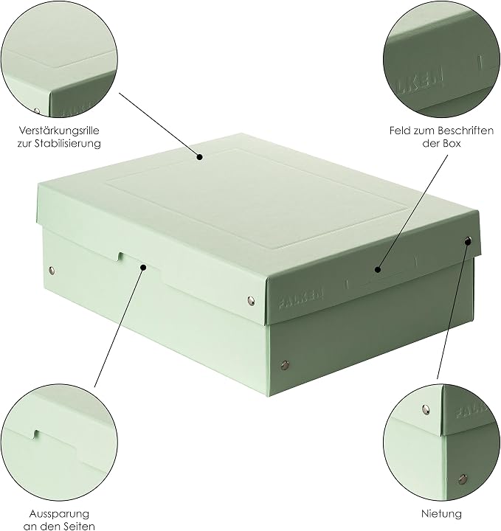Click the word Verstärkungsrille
click(59, 131)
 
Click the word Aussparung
click(59, 514)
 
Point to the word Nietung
click(441, 514)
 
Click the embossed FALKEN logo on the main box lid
click(301, 299)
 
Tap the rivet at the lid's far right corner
click(468, 241)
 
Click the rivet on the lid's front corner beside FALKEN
click(251, 301)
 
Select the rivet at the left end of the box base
click(52, 270)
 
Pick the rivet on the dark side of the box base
click(285, 365)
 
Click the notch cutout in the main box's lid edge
click(120, 257)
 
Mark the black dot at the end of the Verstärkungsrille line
click(200, 157)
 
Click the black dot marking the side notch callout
click(143, 268)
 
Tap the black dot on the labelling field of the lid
click(378, 270)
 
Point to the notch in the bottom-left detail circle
click(36, 435)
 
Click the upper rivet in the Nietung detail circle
click(426, 409)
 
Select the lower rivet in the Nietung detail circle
click(463, 479)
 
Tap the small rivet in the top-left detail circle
click(37, 111)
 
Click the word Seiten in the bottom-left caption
click(78, 527)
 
